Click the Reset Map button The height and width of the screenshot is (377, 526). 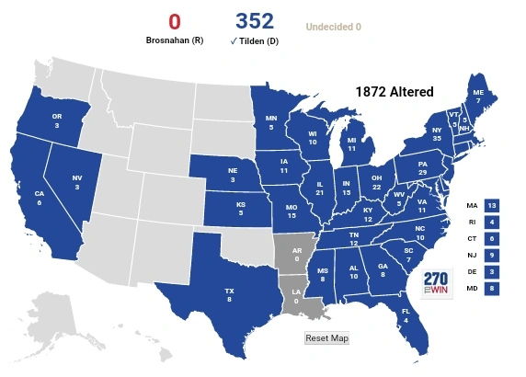(x=326, y=338)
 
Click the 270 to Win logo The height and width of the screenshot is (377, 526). (x=438, y=283)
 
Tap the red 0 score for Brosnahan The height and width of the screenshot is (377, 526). (x=174, y=21)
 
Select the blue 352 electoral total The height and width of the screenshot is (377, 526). (x=255, y=21)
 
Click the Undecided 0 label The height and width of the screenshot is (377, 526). (x=333, y=27)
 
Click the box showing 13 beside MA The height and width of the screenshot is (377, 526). (x=492, y=205)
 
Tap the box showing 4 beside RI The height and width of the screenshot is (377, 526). (x=492, y=222)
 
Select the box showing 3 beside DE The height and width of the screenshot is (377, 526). (x=492, y=272)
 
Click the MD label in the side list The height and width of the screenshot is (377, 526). (x=472, y=289)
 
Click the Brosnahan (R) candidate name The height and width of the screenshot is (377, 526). (x=174, y=40)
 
